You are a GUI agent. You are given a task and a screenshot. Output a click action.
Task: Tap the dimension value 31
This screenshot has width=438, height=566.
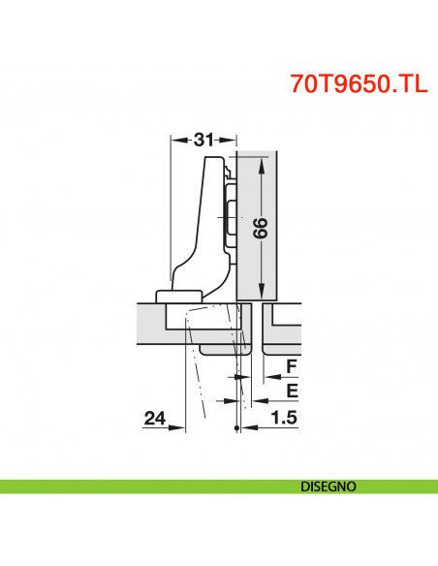[x=203, y=140]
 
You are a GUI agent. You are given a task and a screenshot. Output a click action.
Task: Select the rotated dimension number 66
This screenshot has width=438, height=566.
[x=259, y=229]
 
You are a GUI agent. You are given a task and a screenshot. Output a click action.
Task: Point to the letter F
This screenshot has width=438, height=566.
[x=290, y=367]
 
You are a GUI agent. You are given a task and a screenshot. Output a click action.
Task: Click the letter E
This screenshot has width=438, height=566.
[x=290, y=392]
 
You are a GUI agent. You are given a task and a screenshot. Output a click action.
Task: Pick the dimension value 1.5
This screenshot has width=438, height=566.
[x=283, y=419]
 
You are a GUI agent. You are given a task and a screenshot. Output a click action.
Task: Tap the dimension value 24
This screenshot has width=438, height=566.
[x=154, y=419]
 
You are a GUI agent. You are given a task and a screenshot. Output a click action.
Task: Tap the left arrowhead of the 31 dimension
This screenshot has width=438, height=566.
[x=175, y=140]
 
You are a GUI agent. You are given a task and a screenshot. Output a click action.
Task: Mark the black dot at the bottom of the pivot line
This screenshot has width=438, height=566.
[x=236, y=429]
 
